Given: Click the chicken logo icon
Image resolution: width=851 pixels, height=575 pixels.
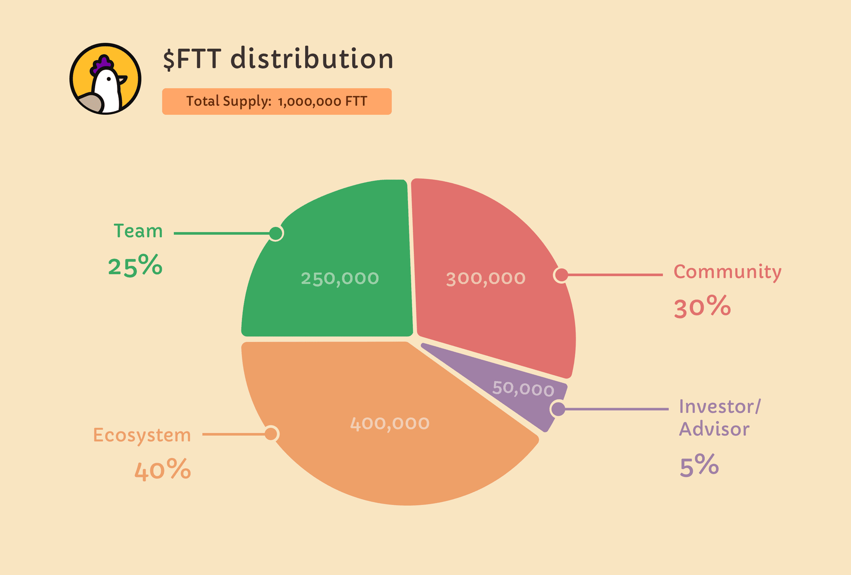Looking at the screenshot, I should click(105, 79).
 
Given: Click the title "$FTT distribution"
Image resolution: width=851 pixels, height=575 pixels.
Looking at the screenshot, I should click(278, 58).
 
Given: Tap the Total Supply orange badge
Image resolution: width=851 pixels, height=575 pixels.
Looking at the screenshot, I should click(277, 102).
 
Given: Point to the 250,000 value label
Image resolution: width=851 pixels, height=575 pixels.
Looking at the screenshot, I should click(340, 278).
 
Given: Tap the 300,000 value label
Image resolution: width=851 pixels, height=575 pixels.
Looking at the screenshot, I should click(486, 278).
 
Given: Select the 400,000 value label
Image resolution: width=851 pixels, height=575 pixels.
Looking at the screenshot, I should click(390, 424).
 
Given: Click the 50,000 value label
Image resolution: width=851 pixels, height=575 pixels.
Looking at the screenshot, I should click(523, 388).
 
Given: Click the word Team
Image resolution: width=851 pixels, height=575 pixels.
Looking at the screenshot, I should click(138, 231).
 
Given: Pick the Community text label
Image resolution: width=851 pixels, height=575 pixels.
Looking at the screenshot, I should click(728, 272).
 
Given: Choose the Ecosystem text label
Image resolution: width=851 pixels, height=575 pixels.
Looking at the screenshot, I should click(142, 435).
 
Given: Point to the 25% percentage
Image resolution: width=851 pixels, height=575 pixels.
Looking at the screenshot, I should click(135, 265).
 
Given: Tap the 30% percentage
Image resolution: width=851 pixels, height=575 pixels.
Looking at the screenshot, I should click(703, 307).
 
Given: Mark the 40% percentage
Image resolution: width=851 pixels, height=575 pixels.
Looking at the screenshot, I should click(162, 470).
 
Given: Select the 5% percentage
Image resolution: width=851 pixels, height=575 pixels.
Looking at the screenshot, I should click(699, 466).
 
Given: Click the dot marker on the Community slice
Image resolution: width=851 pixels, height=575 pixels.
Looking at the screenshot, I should click(561, 275).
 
